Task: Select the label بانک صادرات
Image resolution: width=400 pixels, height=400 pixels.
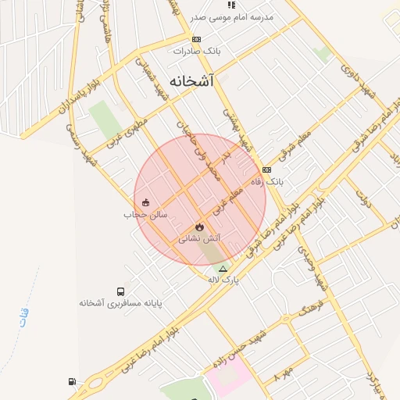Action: tap(198, 51)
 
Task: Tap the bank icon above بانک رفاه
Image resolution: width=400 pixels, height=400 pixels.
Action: tap(267, 170)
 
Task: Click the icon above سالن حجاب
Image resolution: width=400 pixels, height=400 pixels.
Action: tap(145, 203)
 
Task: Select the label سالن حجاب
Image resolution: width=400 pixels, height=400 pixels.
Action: tap(141, 214)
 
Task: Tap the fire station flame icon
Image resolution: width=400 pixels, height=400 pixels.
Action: tap(199, 227)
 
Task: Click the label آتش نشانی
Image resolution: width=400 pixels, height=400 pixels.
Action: tap(200, 238)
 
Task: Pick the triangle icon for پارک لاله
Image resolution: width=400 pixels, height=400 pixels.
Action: tap(223, 269)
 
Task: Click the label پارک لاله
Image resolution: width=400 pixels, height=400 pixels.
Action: tap(223, 279)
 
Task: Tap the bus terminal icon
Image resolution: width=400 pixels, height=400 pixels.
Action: tap(120, 291)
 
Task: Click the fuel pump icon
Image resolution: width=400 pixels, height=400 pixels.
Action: tap(73, 382)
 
